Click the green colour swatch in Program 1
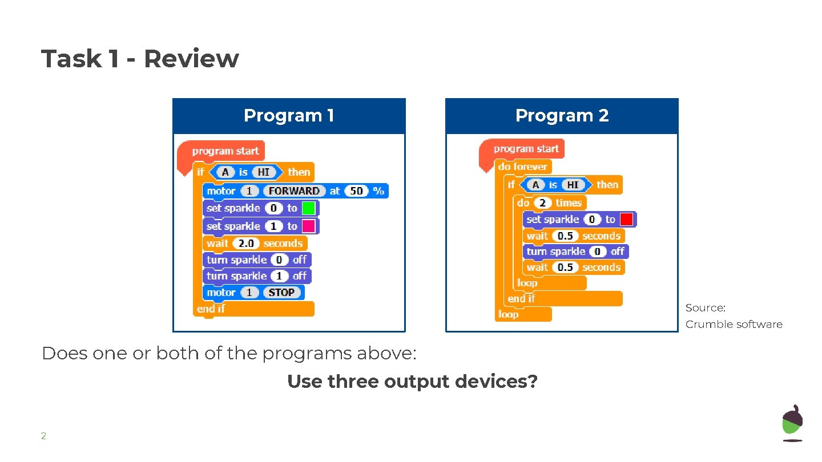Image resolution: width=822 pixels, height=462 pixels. tap(309, 208)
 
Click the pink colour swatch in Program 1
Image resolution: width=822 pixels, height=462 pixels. tap(309, 226)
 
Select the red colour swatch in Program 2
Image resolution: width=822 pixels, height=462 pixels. tap(626, 219)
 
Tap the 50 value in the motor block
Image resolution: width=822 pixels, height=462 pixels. tap(356, 191)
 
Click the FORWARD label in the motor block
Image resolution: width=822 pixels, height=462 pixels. tap(294, 191)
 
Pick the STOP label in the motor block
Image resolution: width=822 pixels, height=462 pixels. tap(281, 293)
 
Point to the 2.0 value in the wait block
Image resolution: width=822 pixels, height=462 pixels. tap(246, 244)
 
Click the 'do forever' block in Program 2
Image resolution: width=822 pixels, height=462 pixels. tap(522, 167)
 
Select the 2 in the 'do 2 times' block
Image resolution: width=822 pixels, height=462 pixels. tap(542, 202)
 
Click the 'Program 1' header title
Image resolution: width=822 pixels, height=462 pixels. tap(289, 116)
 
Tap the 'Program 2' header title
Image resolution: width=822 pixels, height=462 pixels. tap(562, 116)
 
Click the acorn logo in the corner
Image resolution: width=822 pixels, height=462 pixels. tap(792, 423)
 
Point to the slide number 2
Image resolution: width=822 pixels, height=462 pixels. tap(43, 436)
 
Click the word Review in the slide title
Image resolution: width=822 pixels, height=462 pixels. tap(191, 59)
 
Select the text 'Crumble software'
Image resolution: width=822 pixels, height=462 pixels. tap(734, 325)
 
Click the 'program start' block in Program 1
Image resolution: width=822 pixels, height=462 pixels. tap(225, 151)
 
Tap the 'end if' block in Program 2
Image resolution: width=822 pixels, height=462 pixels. tap(521, 298)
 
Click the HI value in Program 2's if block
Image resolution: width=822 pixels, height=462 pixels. tap(573, 185)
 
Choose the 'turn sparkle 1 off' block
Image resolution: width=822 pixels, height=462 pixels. tap(256, 276)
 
